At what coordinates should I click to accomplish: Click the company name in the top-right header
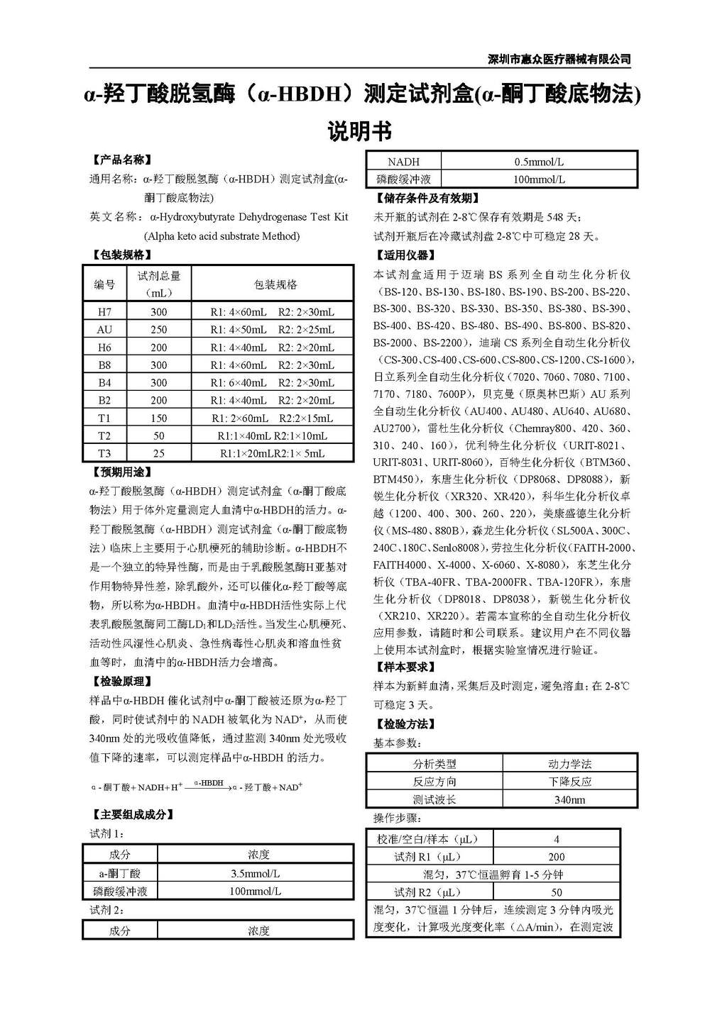(559, 60)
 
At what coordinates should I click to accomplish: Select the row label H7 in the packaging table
(104, 312)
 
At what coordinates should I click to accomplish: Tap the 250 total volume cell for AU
(159, 330)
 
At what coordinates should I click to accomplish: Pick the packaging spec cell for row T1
(272, 418)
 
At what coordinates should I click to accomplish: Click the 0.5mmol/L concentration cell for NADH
(539, 162)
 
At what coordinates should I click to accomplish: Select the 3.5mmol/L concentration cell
(256, 874)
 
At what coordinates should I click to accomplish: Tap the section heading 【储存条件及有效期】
(427, 199)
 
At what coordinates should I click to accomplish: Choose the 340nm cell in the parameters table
(569, 800)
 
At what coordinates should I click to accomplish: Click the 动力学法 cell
(569, 764)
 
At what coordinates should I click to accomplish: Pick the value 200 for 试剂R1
(557, 857)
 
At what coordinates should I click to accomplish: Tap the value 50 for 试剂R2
(557, 892)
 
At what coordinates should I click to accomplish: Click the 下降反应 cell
(569, 782)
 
